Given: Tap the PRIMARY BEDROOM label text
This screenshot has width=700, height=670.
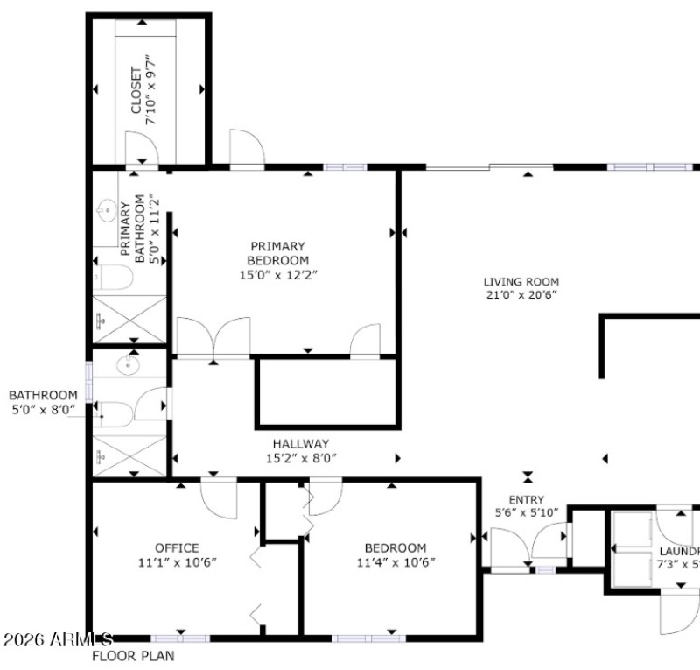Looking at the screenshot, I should tap(277, 253).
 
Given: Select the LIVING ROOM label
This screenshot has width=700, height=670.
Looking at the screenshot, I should tap(521, 281).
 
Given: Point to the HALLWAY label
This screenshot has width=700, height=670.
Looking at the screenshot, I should tap(300, 444).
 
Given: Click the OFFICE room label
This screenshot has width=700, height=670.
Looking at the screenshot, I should tap(177, 548).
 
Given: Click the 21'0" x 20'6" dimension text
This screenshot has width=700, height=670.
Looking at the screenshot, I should tap(521, 295).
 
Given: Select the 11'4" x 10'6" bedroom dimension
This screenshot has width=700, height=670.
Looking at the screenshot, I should tap(395, 562).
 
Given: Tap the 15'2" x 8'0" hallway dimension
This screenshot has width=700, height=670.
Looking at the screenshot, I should tap(300, 458).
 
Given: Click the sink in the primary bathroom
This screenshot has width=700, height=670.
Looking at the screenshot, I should tap(108, 210).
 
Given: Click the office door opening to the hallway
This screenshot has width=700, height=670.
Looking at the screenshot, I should tap(218, 497).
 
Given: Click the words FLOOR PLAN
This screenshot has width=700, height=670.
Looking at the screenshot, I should tap(133, 655).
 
